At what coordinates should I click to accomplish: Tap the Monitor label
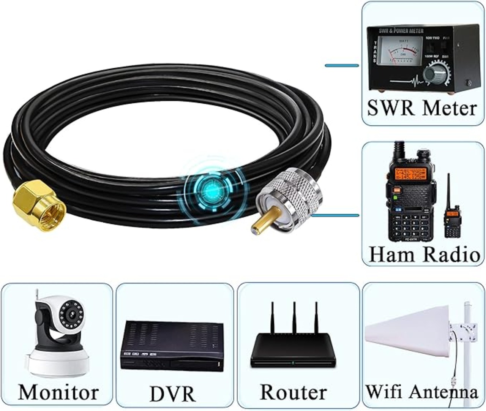pyautogui.click(x=58, y=392)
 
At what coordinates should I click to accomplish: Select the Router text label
pyautogui.click(x=293, y=392)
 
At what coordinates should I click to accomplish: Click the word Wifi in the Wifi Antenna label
pyautogui.click(x=384, y=391)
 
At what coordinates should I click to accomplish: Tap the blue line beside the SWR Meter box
pyautogui.click(x=342, y=66)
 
